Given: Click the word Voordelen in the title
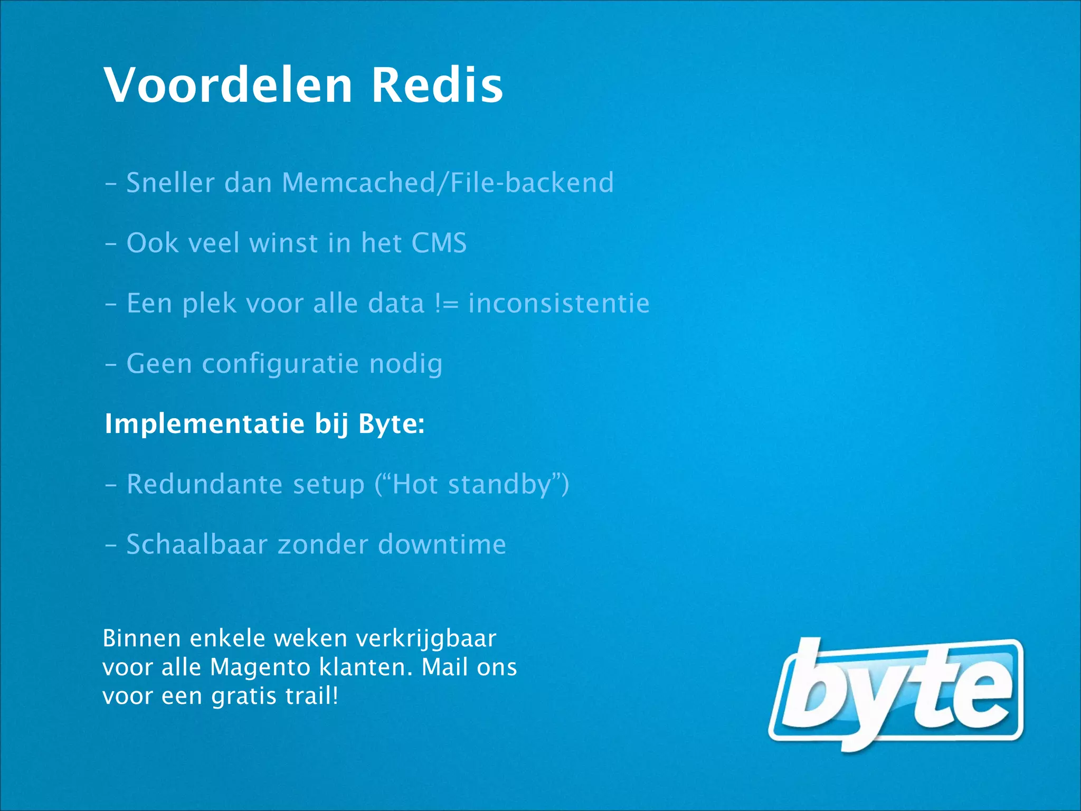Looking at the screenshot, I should point(228,84).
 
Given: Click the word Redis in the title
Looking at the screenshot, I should point(437,84).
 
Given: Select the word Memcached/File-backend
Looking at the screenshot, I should point(448,183).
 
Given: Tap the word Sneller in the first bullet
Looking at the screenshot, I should point(170,183).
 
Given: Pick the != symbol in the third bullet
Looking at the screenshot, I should point(447,304).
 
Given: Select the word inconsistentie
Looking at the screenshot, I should point(559,304).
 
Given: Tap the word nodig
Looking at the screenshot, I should point(405,364).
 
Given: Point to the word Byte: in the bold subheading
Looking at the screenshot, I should point(391,423).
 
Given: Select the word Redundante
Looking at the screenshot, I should point(204,484).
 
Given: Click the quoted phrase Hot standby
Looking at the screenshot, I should point(471,484).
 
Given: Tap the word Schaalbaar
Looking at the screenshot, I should point(196,544).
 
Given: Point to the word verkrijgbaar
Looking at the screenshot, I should point(426,639).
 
